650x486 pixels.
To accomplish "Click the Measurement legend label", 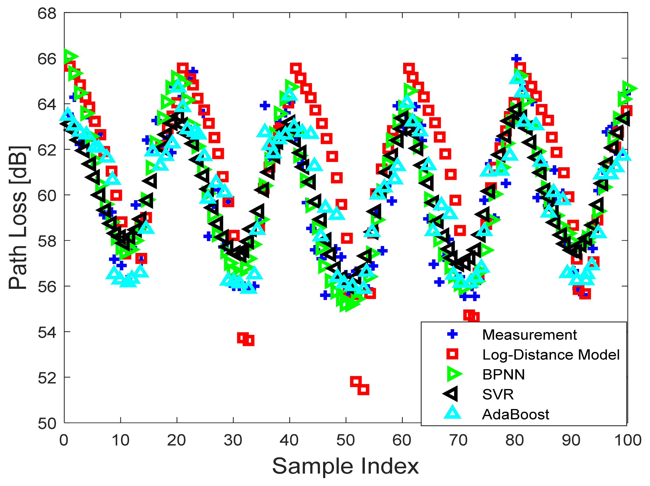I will point(529,335).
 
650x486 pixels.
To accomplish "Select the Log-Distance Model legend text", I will point(551,355).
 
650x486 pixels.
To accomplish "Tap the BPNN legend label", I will point(503,374).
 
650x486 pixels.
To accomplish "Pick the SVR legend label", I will point(498,394).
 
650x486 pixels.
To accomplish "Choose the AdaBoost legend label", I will point(515,414).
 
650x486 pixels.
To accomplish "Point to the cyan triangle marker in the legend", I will point(452,413).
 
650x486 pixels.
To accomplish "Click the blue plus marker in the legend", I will point(452,334).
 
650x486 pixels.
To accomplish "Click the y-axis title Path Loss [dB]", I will point(18,217).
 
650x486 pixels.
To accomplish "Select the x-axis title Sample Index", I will point(345,466).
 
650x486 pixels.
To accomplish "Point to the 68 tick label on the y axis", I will point(47,14).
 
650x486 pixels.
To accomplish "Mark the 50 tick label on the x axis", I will point(345,440).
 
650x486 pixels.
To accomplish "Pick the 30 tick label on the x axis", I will point(233,440).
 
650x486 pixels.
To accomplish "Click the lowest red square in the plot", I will point(363,389).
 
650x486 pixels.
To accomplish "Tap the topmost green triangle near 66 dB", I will point(70,56).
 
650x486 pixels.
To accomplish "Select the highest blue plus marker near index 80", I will point(516,58).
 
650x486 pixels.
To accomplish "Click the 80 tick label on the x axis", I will point(515,440).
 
